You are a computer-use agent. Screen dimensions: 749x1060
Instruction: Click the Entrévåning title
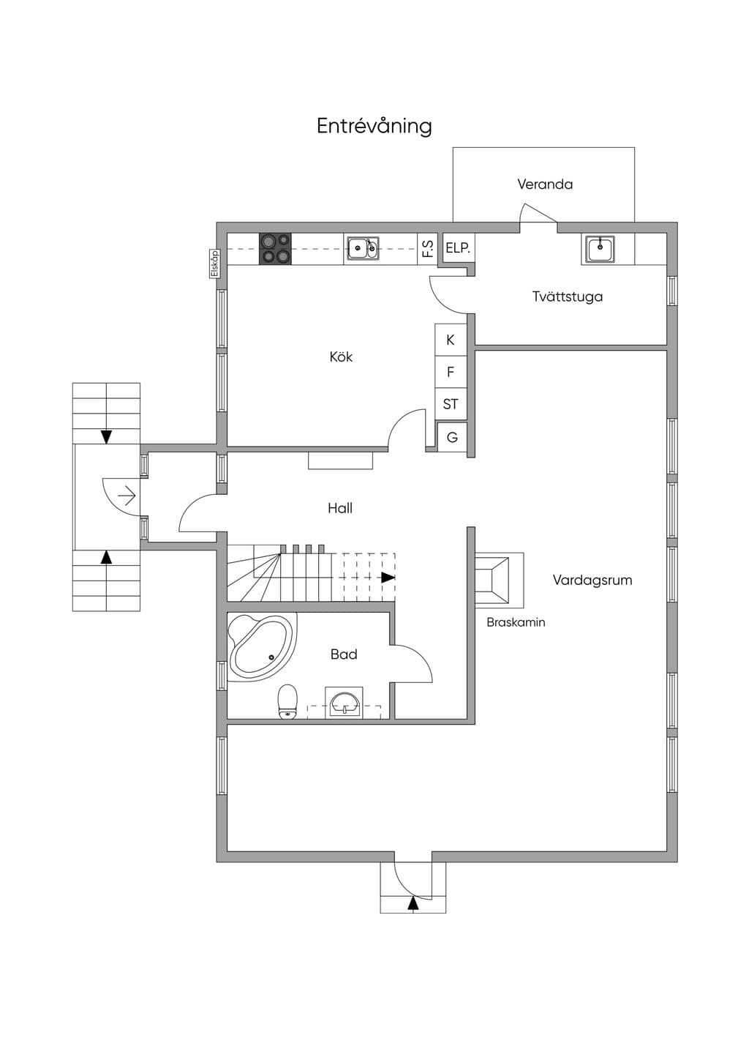(x=374, y=127)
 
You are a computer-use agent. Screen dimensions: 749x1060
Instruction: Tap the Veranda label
(x=545, y=184)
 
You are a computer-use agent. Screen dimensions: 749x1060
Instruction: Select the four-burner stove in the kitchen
(x=275, y=249)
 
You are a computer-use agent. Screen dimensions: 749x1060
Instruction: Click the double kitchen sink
(x=363, y=248)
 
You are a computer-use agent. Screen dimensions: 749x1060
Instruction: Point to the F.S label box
(x=428, y=249)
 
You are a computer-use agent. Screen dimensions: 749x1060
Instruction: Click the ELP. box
(x=458, y=248)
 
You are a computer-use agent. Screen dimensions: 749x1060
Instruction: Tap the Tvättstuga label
(x=568, y=296)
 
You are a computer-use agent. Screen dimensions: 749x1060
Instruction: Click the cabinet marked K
(x=450, y=340)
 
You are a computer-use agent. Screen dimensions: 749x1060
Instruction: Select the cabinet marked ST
(x=450, y=404)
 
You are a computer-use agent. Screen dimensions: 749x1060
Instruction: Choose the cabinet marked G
(x=452, y=437)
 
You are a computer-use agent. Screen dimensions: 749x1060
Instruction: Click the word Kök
(x=341, y=357)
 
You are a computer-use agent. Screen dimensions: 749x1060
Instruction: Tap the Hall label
(x=340, y=508)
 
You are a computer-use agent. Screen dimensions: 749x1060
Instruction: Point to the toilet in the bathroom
(x=287, y=702)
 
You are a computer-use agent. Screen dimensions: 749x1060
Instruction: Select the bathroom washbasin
(x=345, y=703)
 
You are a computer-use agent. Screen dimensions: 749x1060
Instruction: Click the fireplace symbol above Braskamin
(x=499, y=581)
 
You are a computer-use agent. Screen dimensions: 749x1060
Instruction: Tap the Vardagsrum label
(x=592, y=581)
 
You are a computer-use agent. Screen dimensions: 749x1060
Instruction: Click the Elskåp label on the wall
(x=215, y=264)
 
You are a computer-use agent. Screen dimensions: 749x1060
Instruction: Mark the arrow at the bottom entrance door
(x=413, y=904)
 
